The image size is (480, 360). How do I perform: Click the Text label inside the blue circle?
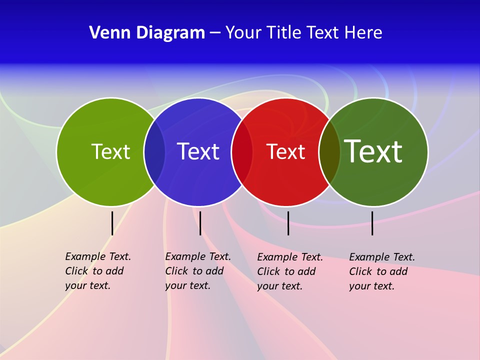tap(198, 151)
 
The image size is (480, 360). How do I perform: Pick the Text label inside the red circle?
tap(285, 151)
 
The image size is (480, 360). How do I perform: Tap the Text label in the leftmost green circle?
tap(110, 151)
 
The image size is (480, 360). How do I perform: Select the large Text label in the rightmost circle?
tap(373, 151)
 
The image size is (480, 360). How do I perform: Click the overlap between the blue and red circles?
tap(242, 151)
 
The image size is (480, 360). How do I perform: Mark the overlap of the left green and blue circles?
tap(154, 151)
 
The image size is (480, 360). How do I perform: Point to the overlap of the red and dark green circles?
tap(329, 151)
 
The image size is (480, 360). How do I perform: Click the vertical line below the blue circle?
tap(200, 223)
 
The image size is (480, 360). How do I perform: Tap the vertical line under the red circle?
tap(288, 223)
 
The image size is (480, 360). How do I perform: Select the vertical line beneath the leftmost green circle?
tap(112, 223)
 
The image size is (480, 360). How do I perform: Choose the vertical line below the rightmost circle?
tap(372, 223)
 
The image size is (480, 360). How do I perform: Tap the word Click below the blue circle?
tap(176, 271)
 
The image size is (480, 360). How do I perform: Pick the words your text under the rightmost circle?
tap(371, 286)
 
